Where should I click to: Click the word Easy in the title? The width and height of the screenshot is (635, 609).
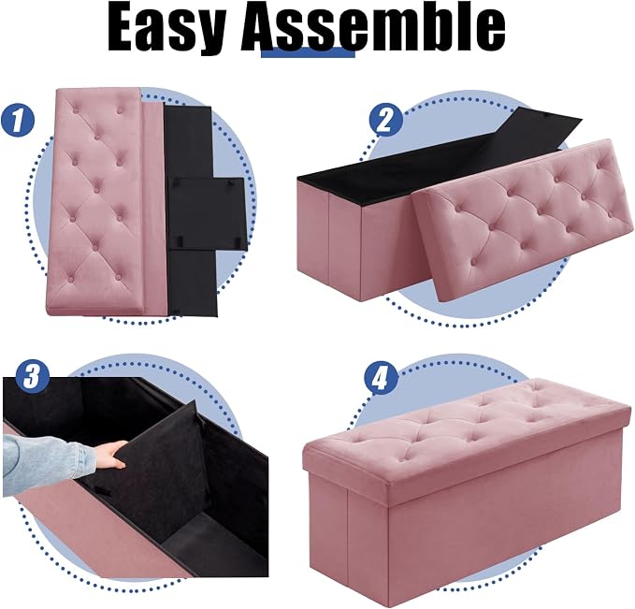click(x=166, y=28)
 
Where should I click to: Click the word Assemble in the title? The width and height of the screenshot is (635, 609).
click(x=373, y=27)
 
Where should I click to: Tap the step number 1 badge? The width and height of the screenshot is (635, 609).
click(x=18, y=120)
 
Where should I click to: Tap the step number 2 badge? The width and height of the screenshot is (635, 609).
click(x=385, y=119)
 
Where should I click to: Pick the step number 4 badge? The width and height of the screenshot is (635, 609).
click(x=381, y=378)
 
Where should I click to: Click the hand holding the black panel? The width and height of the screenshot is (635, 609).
click(x=110, y=455)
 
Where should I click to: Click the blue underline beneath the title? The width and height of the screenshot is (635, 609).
click(x=308, y=52)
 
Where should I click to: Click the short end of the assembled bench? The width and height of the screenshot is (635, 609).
click(x=348, y=527)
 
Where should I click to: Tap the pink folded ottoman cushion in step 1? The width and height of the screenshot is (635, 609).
click(x=97, y=198)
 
